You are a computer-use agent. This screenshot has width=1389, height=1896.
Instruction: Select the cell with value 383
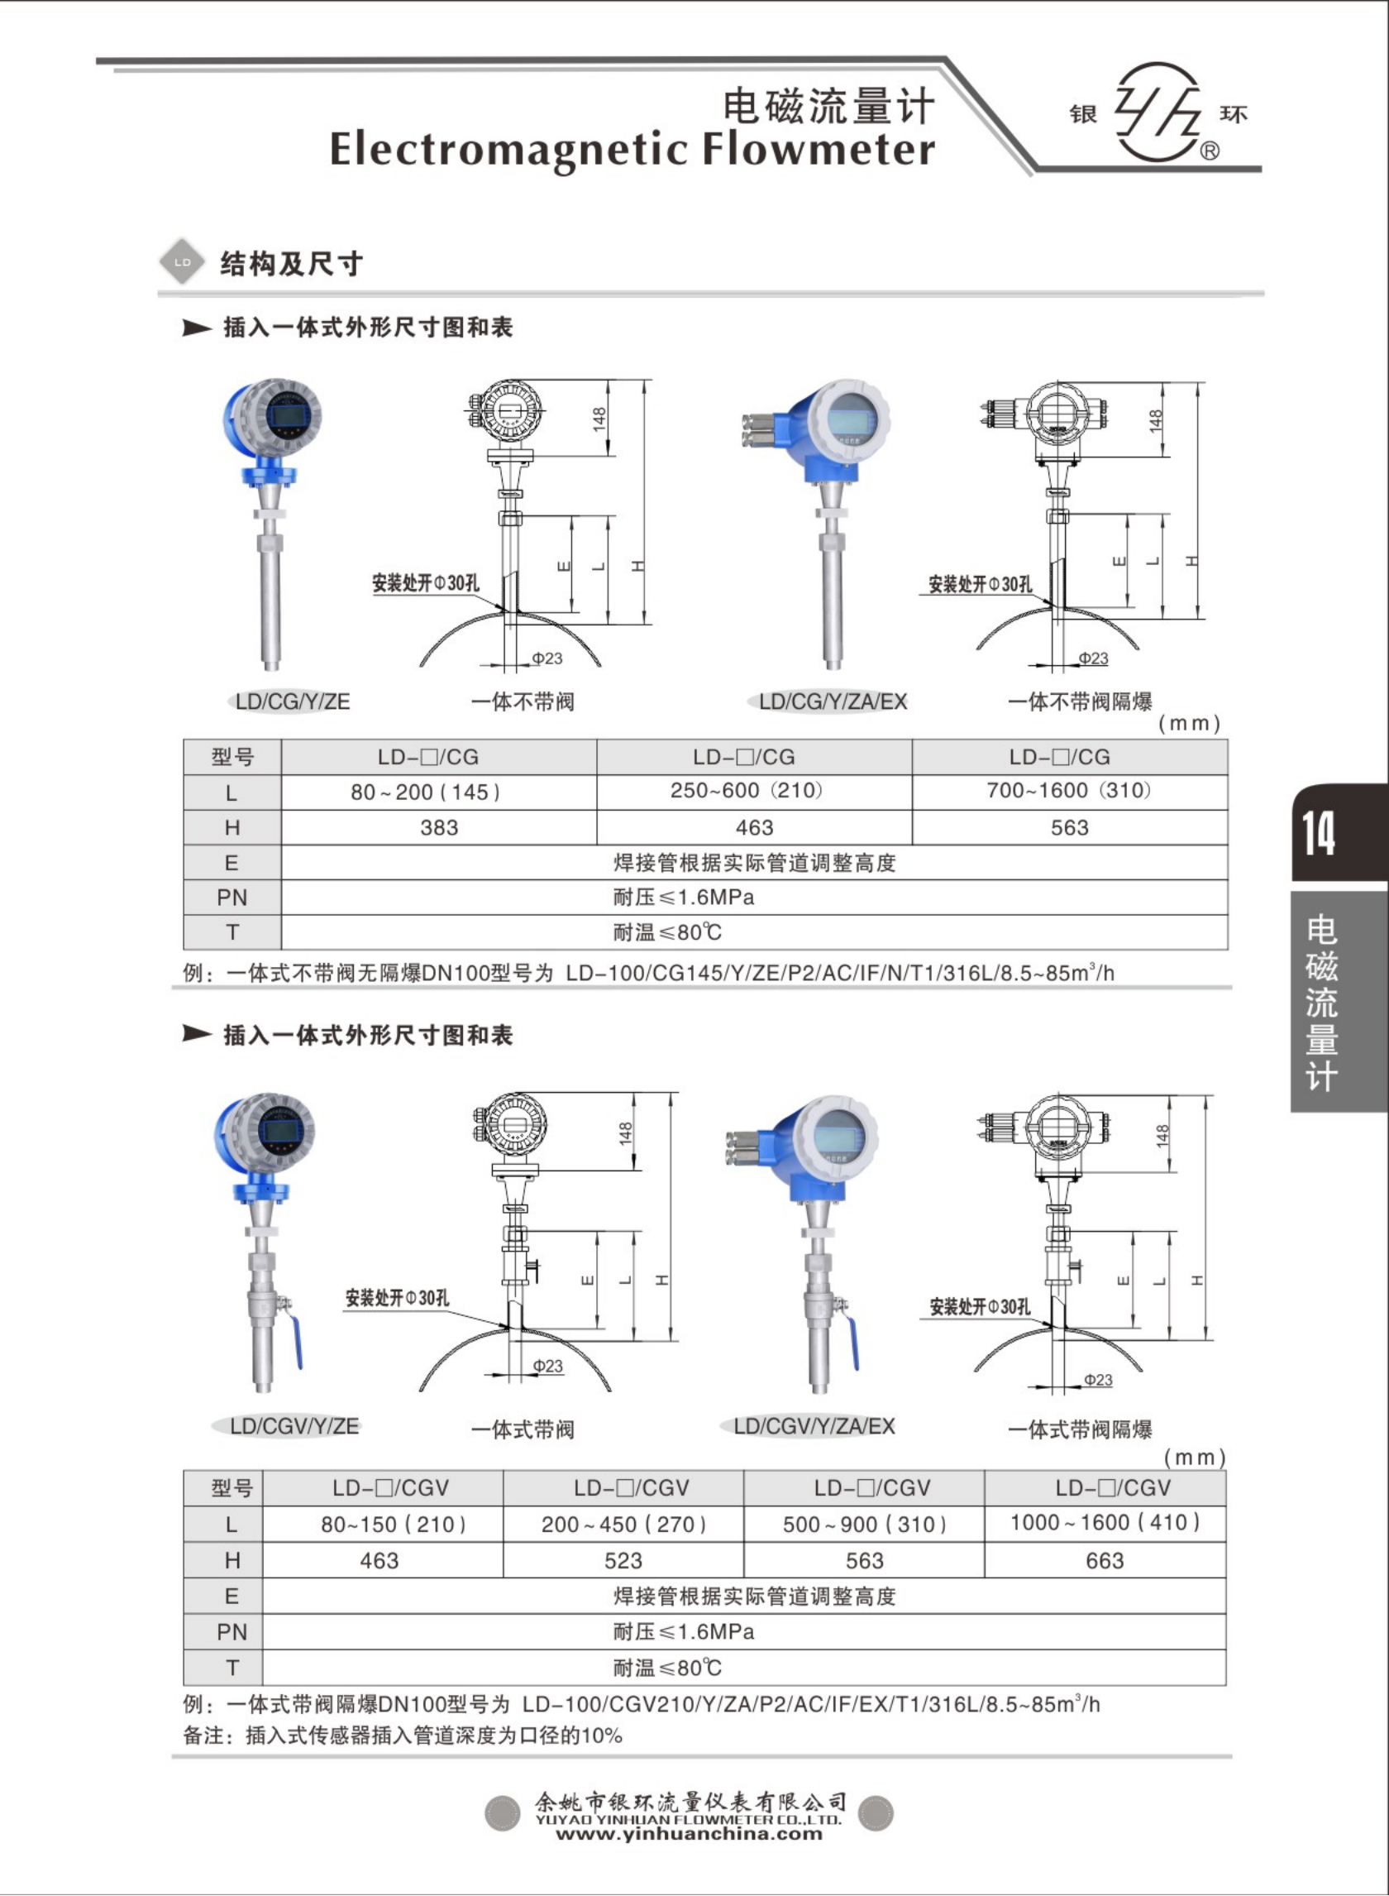point(439,828)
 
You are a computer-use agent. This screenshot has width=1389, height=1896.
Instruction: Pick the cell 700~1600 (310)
point(1069,791)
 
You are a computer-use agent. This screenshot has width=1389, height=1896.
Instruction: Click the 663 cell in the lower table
point(1104,1560)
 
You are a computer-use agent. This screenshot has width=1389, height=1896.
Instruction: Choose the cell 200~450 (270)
point(623,1525)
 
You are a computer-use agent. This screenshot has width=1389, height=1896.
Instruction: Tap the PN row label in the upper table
point(232,898)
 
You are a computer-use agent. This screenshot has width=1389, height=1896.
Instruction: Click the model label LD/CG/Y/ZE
point(292,701)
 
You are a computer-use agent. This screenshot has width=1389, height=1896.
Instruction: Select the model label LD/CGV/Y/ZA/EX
point(814,1426)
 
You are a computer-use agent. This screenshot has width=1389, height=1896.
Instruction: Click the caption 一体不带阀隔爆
point(1080,701)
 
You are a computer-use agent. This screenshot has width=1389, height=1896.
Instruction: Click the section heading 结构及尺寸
point(291,264)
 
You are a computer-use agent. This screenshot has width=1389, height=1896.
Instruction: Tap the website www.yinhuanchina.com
point(689,1834)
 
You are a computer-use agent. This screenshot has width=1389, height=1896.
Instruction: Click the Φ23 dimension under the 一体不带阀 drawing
point(547,658)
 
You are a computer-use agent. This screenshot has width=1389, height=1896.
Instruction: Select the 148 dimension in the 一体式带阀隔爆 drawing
point(1162,1136)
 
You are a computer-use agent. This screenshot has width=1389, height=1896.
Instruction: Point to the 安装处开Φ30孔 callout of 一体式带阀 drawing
point(397,1298)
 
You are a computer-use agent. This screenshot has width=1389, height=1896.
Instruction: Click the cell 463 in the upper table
point(754,828)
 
